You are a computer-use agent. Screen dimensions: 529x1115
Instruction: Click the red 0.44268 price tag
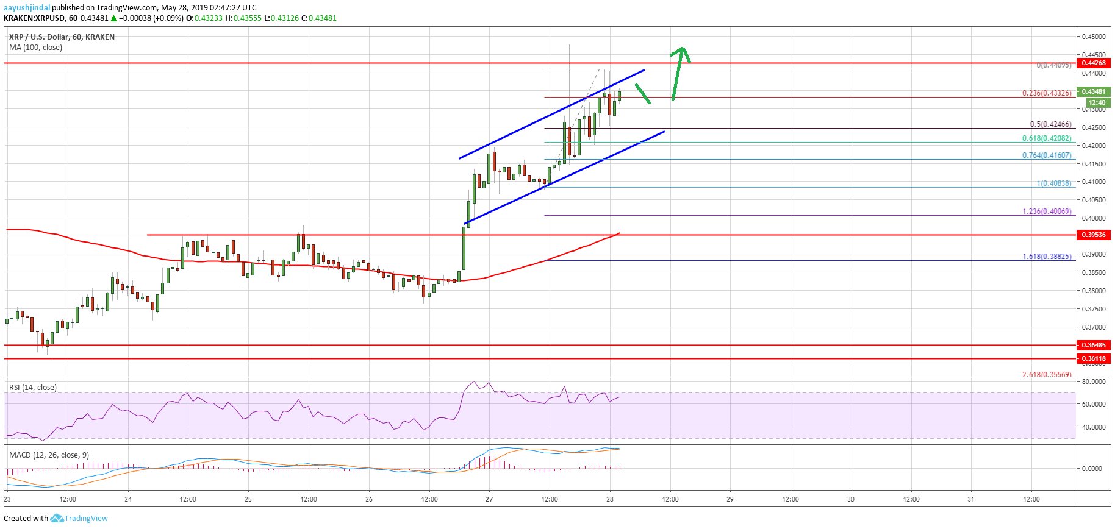[1093, 63]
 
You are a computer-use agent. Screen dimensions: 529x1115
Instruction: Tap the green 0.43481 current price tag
[1093, 91]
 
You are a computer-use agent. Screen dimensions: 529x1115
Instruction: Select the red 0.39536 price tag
[1093, 235]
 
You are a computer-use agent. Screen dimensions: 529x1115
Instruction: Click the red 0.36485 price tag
[1093, 345]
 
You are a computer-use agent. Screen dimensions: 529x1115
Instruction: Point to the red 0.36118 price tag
[1093, 358]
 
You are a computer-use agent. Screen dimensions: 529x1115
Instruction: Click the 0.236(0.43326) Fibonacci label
[1047, 93]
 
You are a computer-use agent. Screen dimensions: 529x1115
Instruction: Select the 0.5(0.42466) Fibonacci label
[1050, 124]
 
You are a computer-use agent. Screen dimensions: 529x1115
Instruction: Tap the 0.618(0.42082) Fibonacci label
[1047, 138]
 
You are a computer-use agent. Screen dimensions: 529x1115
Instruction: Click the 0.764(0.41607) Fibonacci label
[1047, 155]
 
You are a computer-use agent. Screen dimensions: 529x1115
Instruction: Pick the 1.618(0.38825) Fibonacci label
[1047, 257]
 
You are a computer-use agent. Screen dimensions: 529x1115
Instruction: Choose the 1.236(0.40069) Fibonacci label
[1047, 211]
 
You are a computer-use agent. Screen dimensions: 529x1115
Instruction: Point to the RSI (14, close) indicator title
[33, 388]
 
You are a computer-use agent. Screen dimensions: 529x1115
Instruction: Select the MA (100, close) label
[35, 48]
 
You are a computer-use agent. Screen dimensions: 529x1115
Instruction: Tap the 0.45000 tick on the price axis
[1093, 37]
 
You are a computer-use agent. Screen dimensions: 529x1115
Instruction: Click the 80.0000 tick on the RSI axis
[1093, 382]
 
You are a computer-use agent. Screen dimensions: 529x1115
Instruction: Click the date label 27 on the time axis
[489, 499]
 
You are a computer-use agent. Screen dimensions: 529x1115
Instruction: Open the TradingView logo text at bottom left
[86, 519]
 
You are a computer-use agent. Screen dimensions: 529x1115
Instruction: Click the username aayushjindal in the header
[27, 7]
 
